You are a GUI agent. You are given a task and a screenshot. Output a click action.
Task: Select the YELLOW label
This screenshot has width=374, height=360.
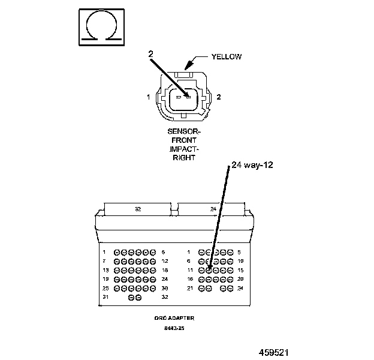click(x=227, y=57)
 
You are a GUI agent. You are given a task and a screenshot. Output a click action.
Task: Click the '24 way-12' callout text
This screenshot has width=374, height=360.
click(x=252, y=166)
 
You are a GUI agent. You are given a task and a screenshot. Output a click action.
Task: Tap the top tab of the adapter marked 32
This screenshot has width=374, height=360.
click(x=138, y=209)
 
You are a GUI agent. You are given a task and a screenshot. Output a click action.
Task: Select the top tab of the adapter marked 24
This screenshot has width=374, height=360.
click(x=213, y=209)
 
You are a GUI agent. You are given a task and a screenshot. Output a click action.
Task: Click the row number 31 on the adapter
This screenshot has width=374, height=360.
click(x=105, y=297)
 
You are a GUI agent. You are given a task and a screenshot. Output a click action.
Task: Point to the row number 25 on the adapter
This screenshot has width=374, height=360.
click(x=105, y=288)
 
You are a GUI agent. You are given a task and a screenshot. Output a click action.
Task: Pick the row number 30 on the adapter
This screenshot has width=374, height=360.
click(x=165, y=288)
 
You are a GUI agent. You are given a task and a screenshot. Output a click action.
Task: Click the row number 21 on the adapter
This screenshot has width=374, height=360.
click(x=190, y=288)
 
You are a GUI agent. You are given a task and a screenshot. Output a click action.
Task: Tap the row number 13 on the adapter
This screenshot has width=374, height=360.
click(x=105, y=270)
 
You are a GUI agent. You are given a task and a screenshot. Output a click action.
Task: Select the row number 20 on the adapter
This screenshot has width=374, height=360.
click(x=240, y=279)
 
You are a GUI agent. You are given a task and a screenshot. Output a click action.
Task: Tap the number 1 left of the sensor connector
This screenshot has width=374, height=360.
click(x=147, y=97)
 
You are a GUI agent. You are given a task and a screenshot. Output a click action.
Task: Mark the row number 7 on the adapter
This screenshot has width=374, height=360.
click(x=104, y=261)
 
